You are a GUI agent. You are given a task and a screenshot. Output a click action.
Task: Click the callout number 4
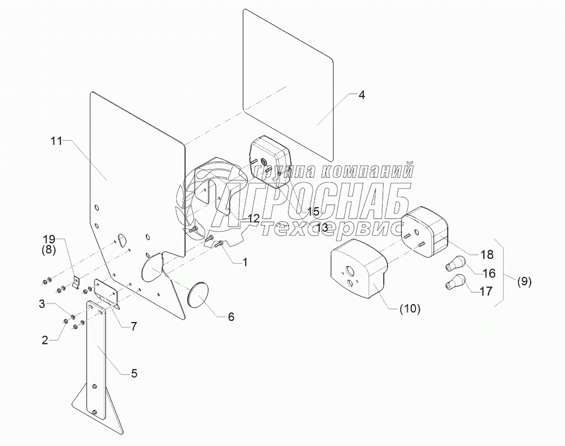click(361, 95)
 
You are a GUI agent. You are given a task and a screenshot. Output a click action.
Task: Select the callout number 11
click(57, 141)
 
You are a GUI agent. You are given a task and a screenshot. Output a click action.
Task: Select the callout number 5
click(134, 373)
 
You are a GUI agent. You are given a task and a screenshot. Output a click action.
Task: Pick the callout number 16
click(489, 273)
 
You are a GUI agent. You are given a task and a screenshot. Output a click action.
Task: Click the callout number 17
click(486, 291)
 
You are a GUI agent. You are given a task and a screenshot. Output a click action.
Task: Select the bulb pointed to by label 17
click(457, 281)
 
